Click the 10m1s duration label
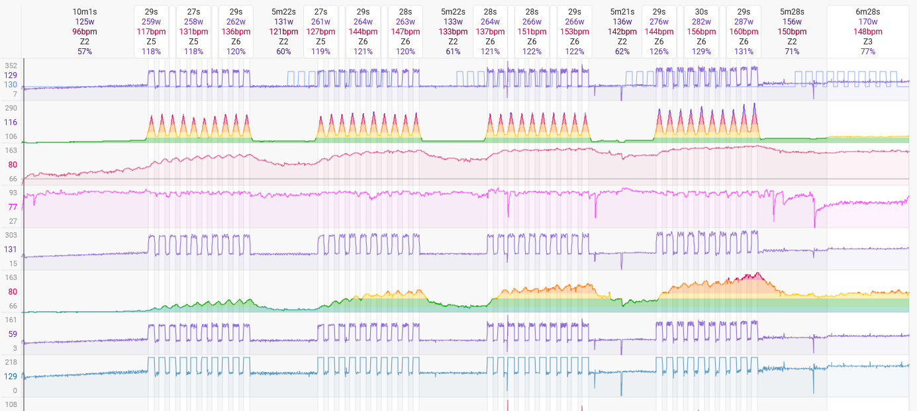[84, 12]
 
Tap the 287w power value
[744, 22]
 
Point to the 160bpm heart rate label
[744, 32]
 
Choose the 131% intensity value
[744, 52]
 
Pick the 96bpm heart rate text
[84, 32]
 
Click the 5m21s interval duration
[622, 12]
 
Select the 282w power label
[701, 22]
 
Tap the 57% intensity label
[84, 52]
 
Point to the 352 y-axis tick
[11, 66]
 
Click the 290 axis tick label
[11, 108]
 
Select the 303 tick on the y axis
[11, 235]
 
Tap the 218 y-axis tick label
[11, 362]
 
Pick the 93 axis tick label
[13, 193]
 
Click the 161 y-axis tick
[11, 320]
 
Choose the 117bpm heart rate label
[151, 32]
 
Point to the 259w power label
[151, 22]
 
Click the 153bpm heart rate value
[574, 32]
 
